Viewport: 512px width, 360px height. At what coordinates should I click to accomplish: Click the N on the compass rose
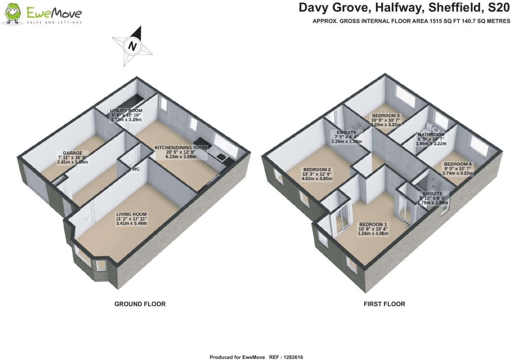(132, 46)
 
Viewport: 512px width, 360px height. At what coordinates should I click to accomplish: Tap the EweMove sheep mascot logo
(13, 14)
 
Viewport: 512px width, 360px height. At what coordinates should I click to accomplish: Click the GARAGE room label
(72, 153)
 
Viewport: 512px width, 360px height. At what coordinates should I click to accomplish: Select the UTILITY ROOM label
(126, 111)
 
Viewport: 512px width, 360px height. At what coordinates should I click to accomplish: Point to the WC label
(136, 169)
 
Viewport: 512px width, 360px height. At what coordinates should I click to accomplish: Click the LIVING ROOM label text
(131, 214)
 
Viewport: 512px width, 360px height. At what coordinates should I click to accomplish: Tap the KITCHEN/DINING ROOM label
(181, 148)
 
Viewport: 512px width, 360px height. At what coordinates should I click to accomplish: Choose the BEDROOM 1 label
(373, 224)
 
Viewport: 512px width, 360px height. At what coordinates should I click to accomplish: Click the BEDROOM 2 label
(317, 169)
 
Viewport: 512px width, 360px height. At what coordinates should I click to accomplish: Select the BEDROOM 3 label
(386, 116)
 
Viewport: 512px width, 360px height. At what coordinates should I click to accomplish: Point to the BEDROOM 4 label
(458, 164)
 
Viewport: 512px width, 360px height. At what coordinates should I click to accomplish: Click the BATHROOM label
(431, 135)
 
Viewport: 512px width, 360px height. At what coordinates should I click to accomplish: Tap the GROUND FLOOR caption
(140, 304)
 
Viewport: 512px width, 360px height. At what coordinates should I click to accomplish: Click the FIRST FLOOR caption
(385, 304)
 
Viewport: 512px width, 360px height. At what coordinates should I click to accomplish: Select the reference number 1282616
(293, 357)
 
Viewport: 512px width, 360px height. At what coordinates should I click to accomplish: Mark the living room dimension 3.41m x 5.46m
(131, 223)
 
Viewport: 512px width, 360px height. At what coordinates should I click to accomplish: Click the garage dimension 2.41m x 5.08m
(72, 162)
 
